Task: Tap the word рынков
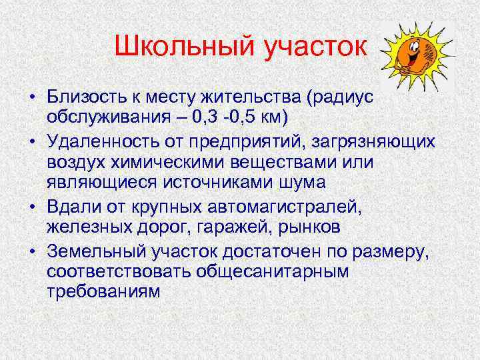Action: click(313, 226)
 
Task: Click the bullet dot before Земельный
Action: click(32, 252)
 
